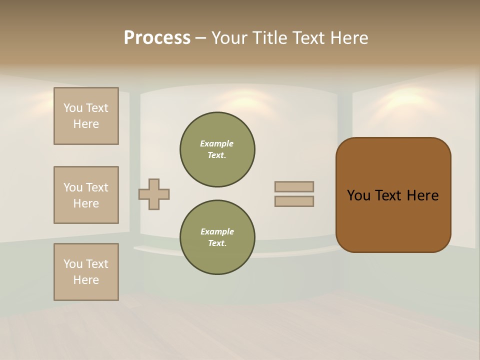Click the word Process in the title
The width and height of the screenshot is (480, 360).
pos(157,38)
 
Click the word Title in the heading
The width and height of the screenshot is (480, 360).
pos(269,38)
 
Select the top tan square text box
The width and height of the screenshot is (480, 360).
pos(86,116)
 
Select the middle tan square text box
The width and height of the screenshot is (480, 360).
pos(86,195)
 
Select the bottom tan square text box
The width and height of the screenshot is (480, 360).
pos(86,272)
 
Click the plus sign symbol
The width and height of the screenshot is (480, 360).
pos(154,194)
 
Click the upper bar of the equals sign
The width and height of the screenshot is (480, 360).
pos(294,186)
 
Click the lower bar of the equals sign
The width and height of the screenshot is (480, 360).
pos(294,201)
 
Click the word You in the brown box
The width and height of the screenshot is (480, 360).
pos(358,195)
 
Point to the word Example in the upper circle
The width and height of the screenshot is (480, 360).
pos(217,143)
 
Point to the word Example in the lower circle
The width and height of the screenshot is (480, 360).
pos(217,231)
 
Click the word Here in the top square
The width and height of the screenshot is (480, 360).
pos(86,124)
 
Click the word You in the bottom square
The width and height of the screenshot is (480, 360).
pos(73,264)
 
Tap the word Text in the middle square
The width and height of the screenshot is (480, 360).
pos(96,187)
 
